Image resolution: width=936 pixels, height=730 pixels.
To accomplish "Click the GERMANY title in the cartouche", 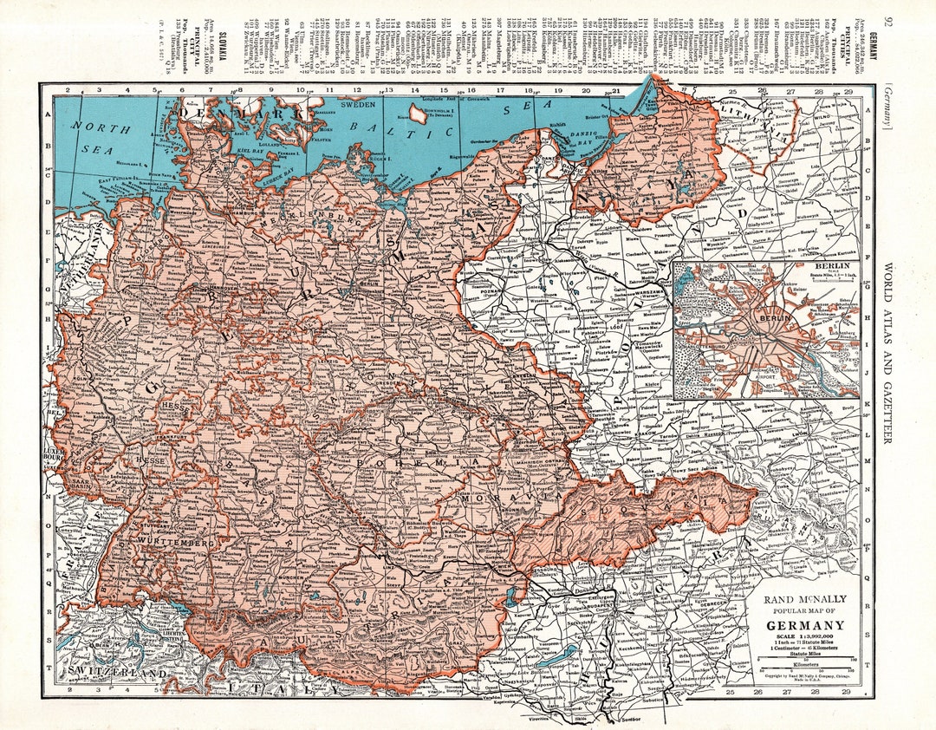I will coord(803,625).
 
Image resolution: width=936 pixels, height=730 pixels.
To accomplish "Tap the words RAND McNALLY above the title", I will coord(803,599).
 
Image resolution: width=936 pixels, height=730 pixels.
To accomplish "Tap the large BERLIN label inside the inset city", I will coord(777,318).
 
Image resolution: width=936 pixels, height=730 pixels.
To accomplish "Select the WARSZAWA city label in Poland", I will coord(641,291).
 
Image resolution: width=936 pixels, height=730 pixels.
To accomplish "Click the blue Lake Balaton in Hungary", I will coord(547,655).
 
